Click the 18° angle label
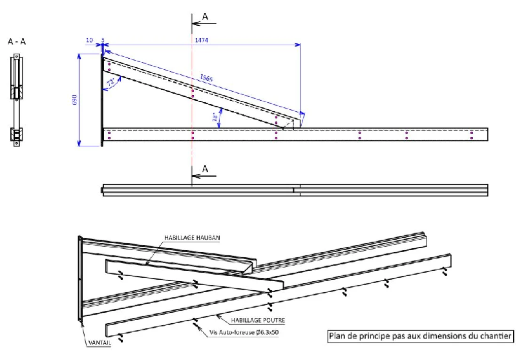pyautogui.click(x=215, y=117)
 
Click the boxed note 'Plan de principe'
pyautogui.click(x=421, y=335)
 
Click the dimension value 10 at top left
pyautogui.click(x=89, y=40)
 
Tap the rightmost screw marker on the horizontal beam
pyautogui.click(x=472, y=134)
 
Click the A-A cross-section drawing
pyautogui.click(x=17, y=100)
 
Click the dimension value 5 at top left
pyautogui.click(x=102, y=40)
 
